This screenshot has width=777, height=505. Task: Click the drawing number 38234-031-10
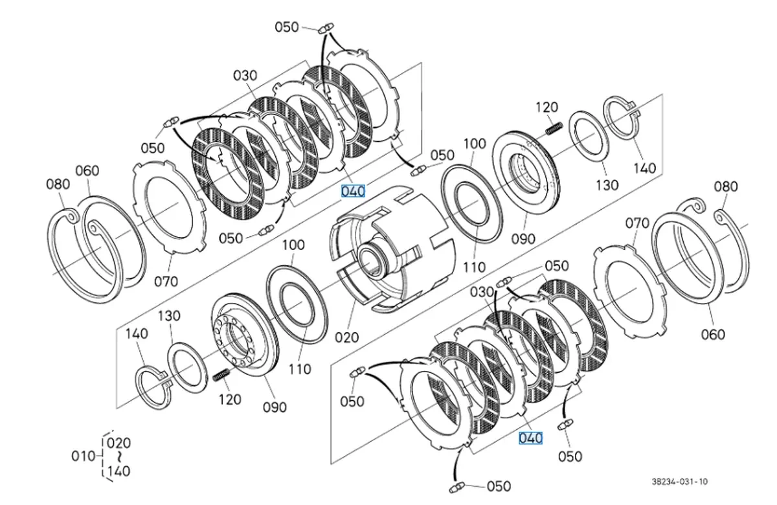(680, 482)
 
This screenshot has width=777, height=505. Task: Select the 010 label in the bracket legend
(82, 456)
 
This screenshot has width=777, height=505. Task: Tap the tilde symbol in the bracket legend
(118, 456)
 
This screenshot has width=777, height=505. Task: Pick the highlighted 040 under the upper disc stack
(353, 191)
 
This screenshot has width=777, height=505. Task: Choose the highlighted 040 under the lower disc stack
(530, 438)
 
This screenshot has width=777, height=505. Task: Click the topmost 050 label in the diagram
(287, 27)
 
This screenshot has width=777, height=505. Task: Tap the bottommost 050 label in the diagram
(499, 486)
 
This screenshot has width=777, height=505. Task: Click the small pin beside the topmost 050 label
(326, 27)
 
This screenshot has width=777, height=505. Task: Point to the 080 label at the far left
(57, 184)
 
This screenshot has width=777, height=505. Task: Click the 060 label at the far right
(712, 335)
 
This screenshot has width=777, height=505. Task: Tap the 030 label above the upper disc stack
(245, 76)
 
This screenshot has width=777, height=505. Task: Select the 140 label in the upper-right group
(644, 168)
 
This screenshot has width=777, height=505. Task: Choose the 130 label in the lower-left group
(170, 315)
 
